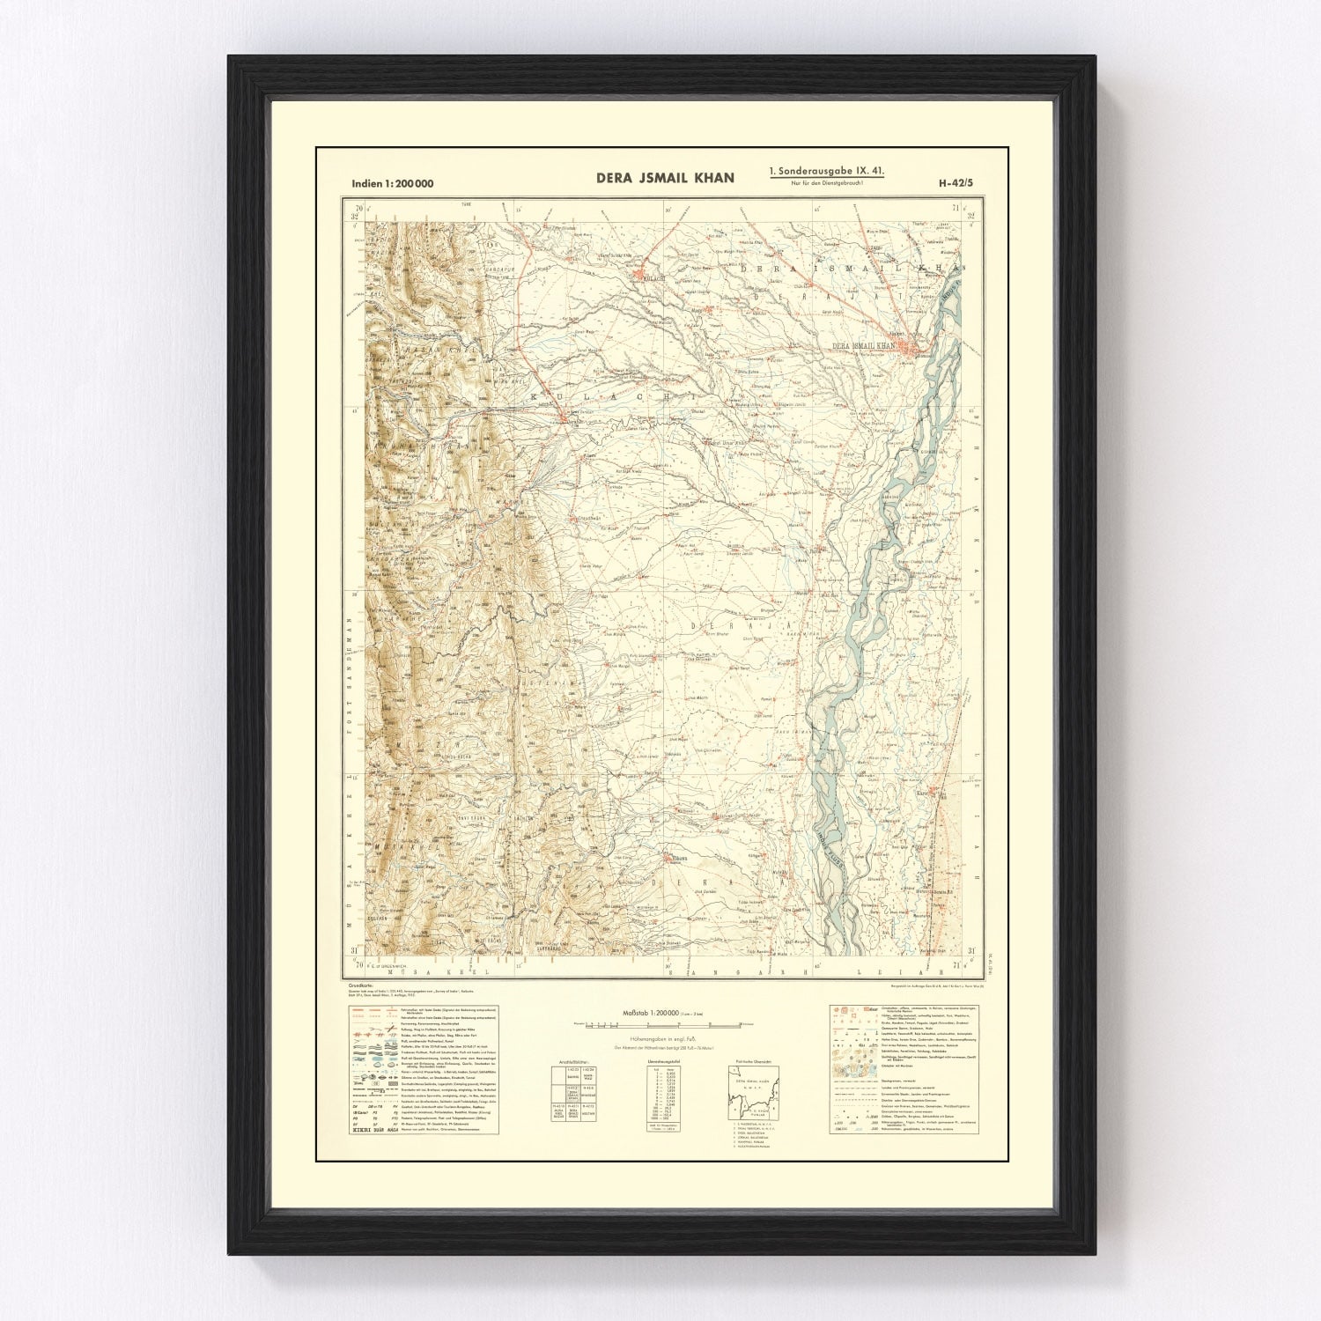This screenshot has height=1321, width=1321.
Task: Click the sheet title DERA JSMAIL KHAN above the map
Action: [665, 178]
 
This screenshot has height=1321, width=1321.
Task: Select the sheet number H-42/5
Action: [956, 184]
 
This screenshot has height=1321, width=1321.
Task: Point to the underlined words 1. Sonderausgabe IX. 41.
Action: [827, 172]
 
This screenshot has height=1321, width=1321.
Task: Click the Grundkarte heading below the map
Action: [362, 985]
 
